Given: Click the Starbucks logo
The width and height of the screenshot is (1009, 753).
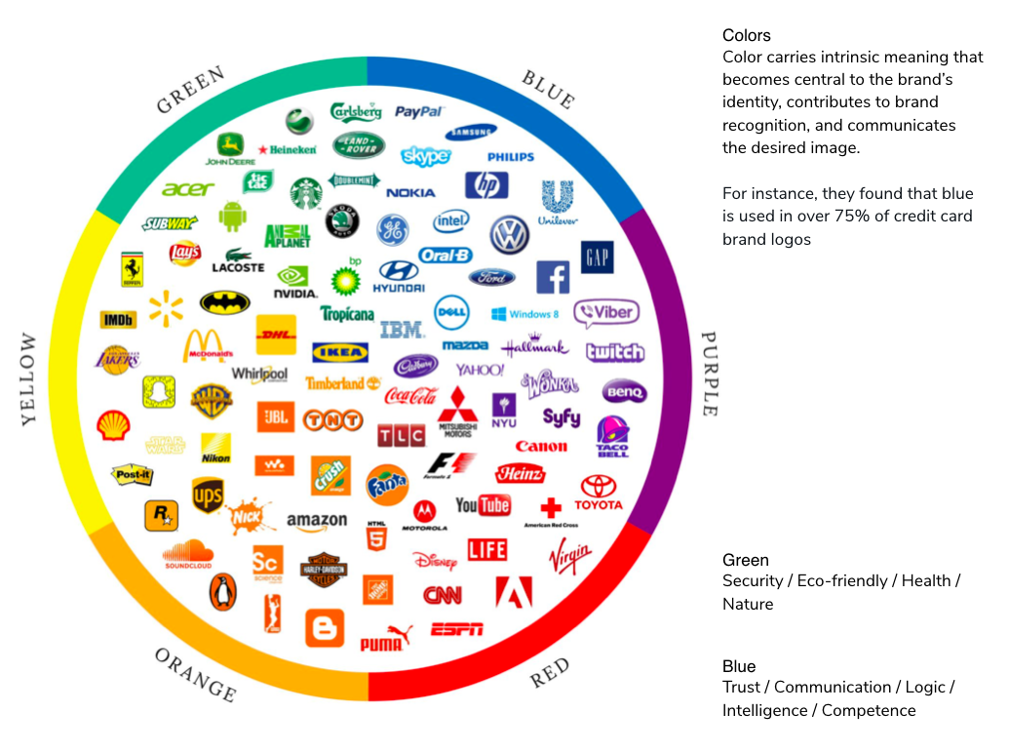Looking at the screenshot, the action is click(306, 192).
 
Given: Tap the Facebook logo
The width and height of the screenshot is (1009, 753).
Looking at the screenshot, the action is click(553, 277).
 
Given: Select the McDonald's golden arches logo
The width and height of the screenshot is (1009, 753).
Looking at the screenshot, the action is click(207, 346).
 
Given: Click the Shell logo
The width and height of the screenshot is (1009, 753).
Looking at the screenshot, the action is click(113, 425).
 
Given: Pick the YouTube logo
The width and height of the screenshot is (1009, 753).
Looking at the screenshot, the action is click(483, 505).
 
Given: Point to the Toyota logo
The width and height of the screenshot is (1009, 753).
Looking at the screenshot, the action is click(598, 493).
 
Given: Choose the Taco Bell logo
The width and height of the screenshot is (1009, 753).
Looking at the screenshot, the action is click(612, 436).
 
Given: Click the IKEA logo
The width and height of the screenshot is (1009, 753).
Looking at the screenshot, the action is click(339, 352).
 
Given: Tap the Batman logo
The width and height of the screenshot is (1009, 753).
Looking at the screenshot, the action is click(225, 302).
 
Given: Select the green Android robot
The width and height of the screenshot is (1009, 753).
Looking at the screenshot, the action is click(232, 216).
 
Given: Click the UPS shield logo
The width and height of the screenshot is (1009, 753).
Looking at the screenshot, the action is click(207, 495).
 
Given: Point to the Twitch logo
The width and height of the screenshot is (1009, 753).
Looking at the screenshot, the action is click(614, 352).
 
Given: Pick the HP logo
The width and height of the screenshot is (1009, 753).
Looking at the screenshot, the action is click(486, 185).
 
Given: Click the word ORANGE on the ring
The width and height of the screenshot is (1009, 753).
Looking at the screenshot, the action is click(195, 675).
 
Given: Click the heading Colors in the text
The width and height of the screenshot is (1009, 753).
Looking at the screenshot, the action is click(746, 36).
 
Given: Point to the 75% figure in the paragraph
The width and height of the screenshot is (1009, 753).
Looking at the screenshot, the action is click(825, 216).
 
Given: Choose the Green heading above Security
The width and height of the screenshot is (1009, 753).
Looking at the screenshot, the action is click(745, 560).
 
